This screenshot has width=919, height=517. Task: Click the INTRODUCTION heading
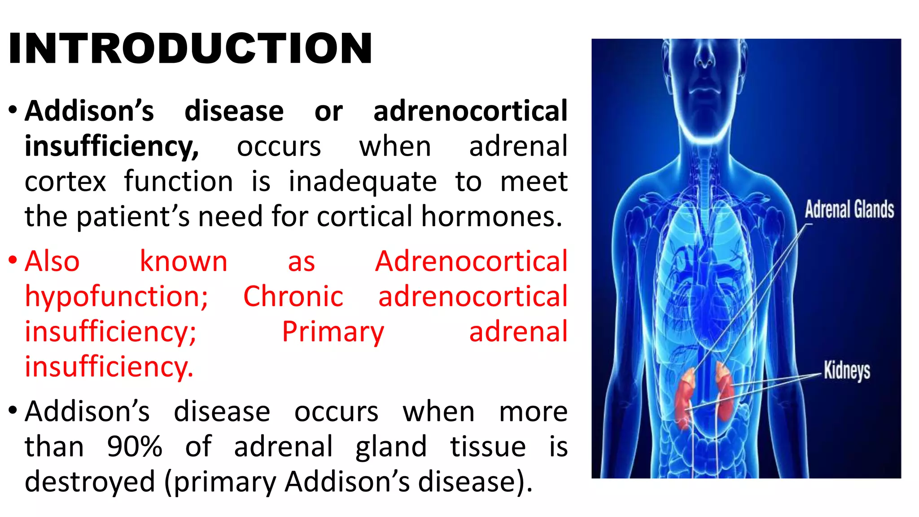pos(190,48)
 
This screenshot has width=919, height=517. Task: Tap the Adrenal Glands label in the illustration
pos(849,210)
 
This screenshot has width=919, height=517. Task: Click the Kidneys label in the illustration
pos(846,371)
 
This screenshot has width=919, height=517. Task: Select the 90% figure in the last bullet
pos(134,447)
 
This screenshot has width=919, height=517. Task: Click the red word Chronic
pos(293,297)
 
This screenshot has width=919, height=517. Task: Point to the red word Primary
pos(333,332)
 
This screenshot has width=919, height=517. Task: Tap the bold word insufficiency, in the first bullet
pos(112,147)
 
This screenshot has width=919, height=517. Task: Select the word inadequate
pos(362,182)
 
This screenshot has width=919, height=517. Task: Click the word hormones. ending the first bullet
pos(491,217)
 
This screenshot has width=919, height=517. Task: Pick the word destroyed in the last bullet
pos(90,482)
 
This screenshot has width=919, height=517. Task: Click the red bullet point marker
pos(13,260)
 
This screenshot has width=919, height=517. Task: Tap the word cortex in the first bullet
pos(66,182)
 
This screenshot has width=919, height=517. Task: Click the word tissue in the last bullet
pos(488,447)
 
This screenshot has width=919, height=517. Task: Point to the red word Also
pos(52,261)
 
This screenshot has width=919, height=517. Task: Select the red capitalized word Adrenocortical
pos(471,261)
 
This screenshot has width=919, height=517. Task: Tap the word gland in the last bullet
pos(391,447)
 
